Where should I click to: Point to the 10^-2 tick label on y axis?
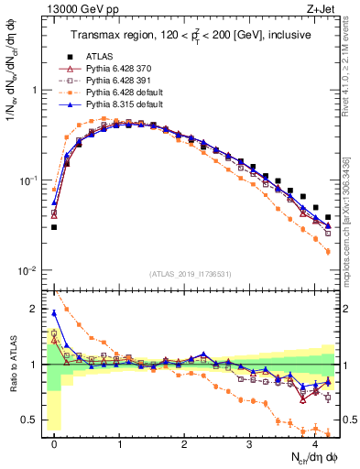tap(29, 270)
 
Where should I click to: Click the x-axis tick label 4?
tap(315, 443)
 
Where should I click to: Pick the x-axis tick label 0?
tap(55, 443)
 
